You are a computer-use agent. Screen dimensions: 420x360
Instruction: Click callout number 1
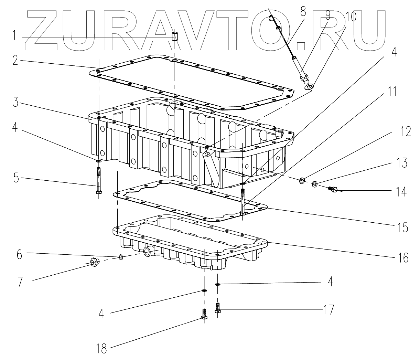(x=14, y=35)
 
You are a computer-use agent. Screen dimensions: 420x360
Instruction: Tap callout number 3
(x=14, y=103)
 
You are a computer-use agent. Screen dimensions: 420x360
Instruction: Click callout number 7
(x=20, y=281)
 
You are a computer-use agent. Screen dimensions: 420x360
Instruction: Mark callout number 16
(x=403, y=257)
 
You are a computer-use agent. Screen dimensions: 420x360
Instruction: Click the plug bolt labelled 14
(x=333, y=189)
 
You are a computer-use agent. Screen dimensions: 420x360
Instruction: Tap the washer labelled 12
(x=302, y=180)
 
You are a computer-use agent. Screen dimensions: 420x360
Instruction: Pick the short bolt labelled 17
(x=217, y=307)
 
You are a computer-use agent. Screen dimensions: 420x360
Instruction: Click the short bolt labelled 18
(x=204, y=314)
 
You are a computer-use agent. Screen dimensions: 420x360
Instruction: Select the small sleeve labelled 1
(x=175, y=35)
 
